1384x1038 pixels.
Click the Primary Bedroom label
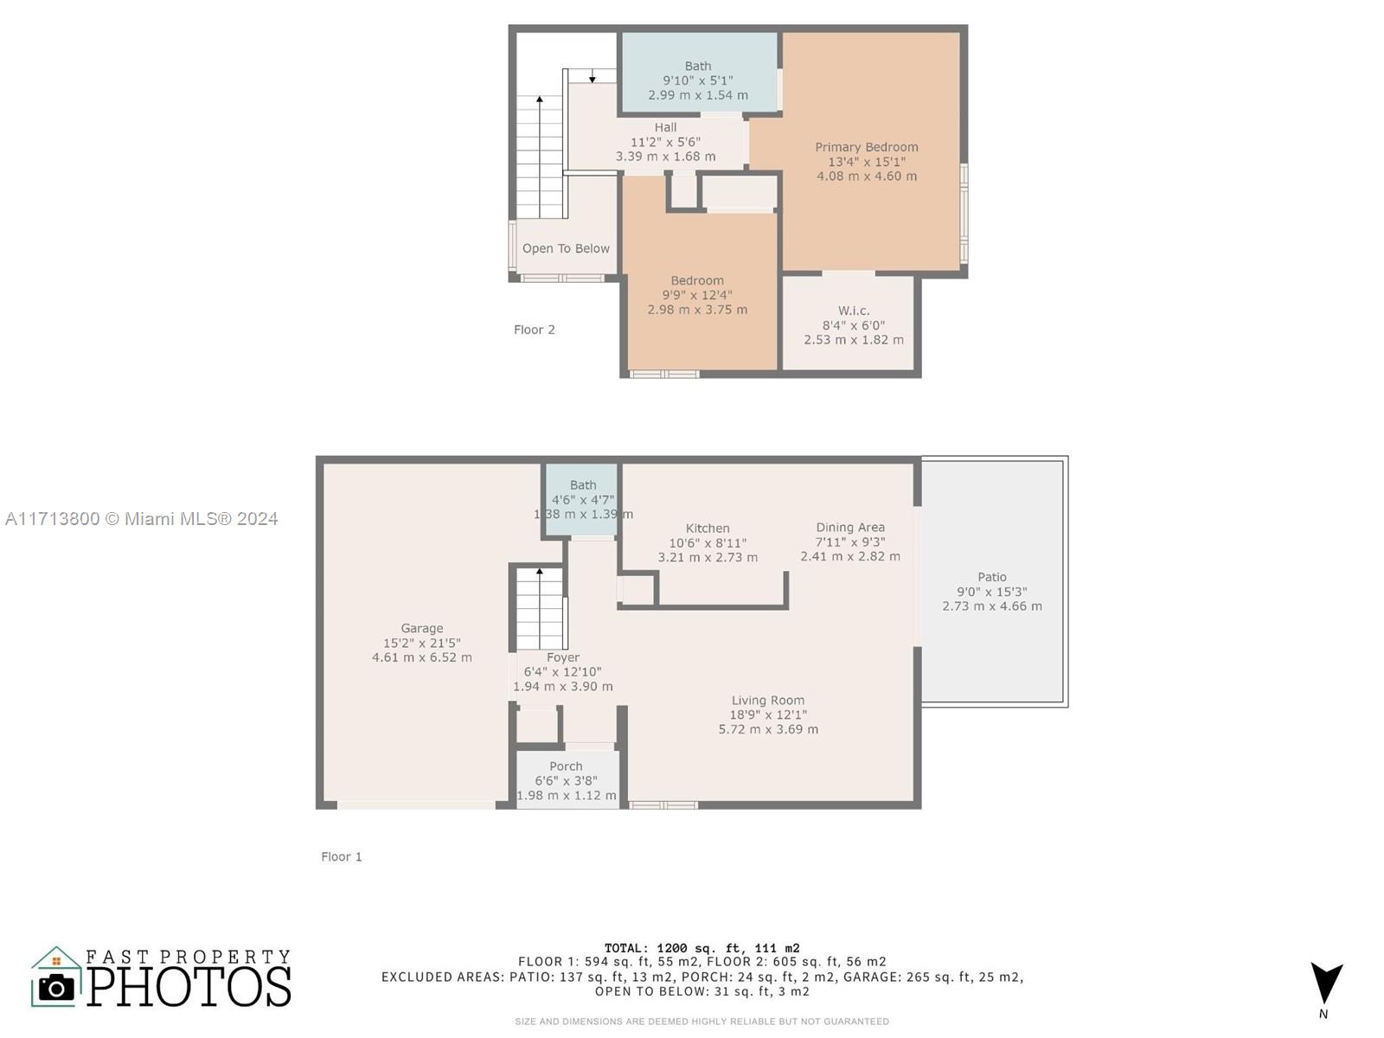pyautogui.click(x=867, y=147)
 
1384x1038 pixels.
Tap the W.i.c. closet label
pyautogui.click(x=854, y=311)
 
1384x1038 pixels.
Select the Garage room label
pyautogui.click(x=422, y=628)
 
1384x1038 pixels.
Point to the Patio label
pyautogui.click(x=992, y=577)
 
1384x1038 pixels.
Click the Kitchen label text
pyautogui.click(x=708, y=529)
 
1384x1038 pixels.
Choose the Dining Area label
pyautogui.click(x=850, y=528)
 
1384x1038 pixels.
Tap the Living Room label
pyautogui.click(x=768, y=700)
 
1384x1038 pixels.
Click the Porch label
pyautogui.click(x=566, y=766)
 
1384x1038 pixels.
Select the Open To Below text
pyautogui.click(x=566, y=248)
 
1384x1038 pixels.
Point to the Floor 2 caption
pyautogui.click(x=534, y=330)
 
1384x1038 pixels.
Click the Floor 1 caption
pyautogui.click(x=341, y=856)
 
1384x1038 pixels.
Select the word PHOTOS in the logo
pyautogui.click(x=189, y=986)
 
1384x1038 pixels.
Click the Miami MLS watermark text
pyautogui.click(x=141, y=519)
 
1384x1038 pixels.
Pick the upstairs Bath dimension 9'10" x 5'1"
pyautogui.click(x=697, y=80)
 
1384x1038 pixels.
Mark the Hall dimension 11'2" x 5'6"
pyautogui.click(x=665, y=142)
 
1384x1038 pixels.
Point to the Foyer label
pyautogui.click(x=562, y=657)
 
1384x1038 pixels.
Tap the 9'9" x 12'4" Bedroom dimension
pyautogui.click(x=696, y=295)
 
